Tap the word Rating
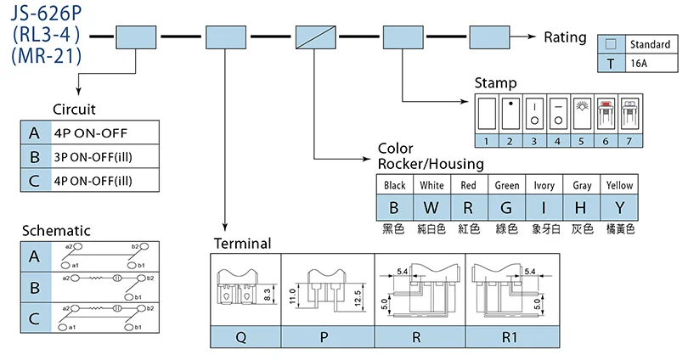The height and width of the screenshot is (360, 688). pos(565,37)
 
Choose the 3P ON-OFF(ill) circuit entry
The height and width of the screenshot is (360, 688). pos(93,156)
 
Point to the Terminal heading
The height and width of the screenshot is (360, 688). pos(242,244)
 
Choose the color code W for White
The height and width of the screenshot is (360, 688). pos(431,207)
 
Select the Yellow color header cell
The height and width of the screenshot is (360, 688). pos(618,185)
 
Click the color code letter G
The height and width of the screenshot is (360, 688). pos(507,207)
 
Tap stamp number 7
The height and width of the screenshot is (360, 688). pos(629,140)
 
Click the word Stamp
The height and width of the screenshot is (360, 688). pos(495,83)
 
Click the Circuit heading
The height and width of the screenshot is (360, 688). pos(74,110)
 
